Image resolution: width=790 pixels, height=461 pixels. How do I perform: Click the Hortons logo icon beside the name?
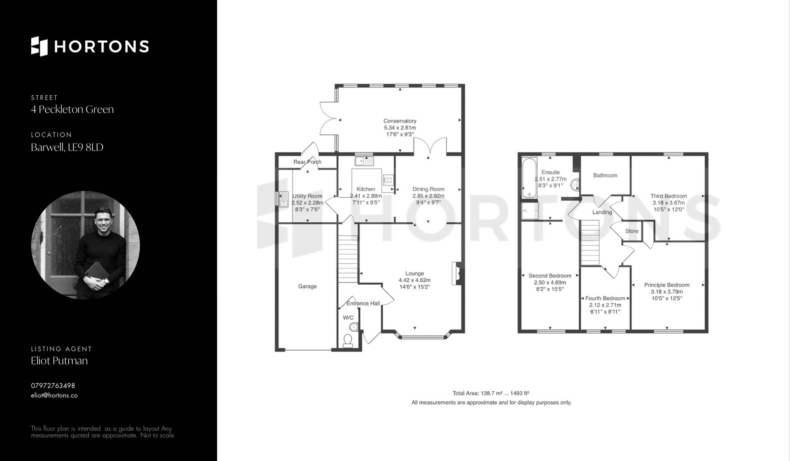(x=39, y=46)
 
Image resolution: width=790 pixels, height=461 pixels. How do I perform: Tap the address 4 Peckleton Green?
(x=72, y=110)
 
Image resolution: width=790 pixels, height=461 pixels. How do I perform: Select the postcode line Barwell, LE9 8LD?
(x=67, y=147)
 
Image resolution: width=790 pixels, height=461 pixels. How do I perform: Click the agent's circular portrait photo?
(x=85, y=245)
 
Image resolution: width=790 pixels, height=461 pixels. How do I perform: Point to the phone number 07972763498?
(x=53, y=385)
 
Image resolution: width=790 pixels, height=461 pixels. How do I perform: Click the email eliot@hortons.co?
(x=54, y=395)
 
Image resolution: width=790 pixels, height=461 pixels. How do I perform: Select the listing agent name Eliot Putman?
(x=59, y=361)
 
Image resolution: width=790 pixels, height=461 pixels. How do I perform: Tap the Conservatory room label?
(x=400, y=121)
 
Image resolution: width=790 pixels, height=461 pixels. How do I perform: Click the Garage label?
(x=307, y=286)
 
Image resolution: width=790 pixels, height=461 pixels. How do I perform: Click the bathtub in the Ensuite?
(x=529, y=178)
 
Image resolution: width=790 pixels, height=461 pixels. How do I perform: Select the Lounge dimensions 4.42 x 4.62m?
(x=414, y=280)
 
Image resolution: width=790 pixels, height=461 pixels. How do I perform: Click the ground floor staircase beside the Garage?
(x=348, y=259)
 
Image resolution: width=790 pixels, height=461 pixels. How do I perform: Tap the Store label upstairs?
(x=632, y=231)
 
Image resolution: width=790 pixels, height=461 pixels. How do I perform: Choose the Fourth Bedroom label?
(x=605, y=299)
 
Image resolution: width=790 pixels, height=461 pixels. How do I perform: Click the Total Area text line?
(x=491, y=393)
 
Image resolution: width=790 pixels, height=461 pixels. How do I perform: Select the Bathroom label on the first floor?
(x=605, y=175)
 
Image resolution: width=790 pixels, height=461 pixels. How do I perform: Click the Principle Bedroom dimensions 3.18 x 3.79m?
(x=667, y=292)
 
